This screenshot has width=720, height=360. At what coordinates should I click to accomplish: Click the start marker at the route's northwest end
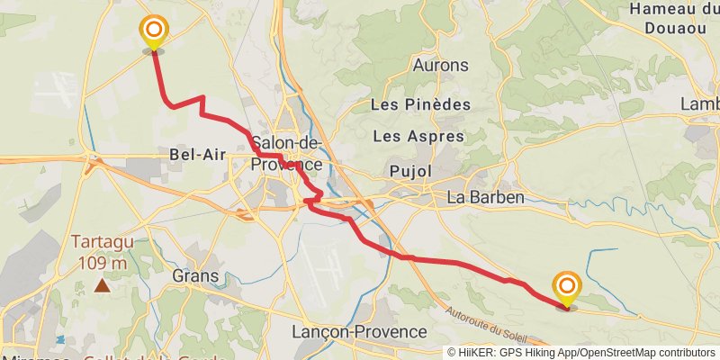coord(154,32)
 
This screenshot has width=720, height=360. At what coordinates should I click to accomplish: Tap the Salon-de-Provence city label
coord(287,154)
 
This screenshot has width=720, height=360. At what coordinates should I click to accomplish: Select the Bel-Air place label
coord(197,155)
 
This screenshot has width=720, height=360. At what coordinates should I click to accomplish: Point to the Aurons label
coord(440,66)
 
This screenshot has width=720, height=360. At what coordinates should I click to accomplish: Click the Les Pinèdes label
coord(420,105)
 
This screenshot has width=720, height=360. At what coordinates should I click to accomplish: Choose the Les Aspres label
coord(418,137)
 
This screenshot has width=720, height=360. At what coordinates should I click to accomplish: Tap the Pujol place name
coord(411,171)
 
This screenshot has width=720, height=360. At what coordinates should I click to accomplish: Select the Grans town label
coord(194,274)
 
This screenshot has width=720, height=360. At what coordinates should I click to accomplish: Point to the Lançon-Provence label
coord(359,332)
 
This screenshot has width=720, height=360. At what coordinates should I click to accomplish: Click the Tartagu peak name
coord(103,243)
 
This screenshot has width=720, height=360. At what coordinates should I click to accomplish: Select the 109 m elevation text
coord(103,263)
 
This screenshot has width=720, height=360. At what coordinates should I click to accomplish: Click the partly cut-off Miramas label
coord(36,357)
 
